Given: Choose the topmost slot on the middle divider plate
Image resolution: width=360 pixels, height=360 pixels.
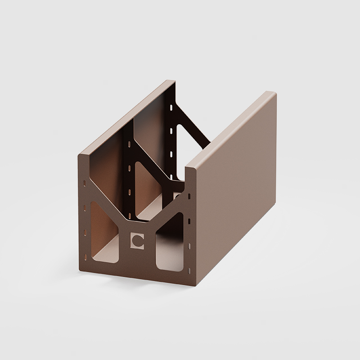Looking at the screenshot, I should coord(130,145).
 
